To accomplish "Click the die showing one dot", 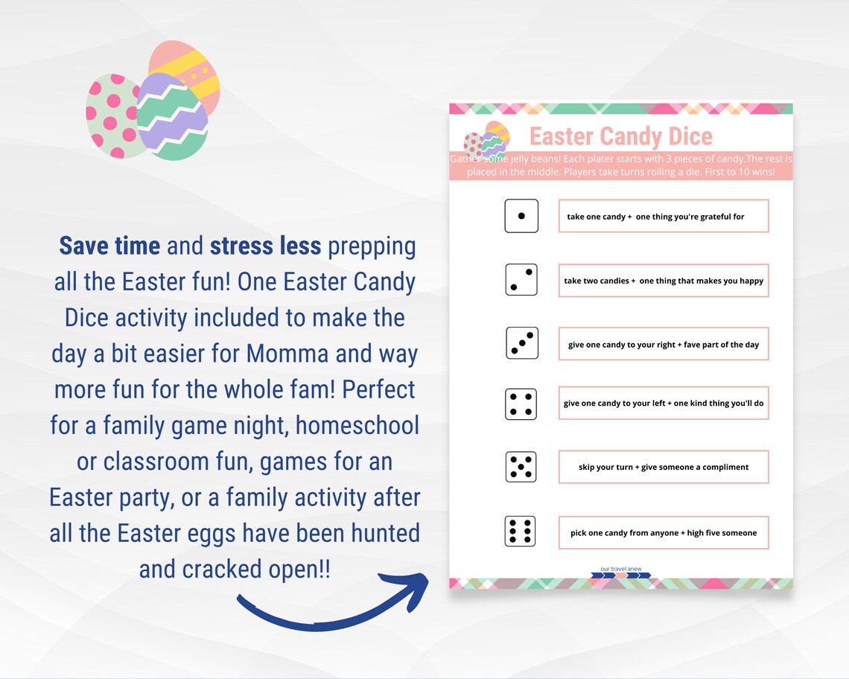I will pos(521,216).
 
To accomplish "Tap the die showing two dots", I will pos(521,280).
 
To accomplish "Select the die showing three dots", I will pos(522,343).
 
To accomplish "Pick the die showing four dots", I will pos(521,404).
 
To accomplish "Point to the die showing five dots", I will pos(521,467).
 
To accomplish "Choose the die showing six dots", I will pos(521,532).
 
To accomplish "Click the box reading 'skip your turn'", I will pos(663,468).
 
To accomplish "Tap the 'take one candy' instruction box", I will pos(663,217).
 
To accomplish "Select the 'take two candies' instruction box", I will pos(663,281).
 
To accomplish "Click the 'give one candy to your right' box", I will pos(663,345).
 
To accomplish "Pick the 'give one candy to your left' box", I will pos(663,404).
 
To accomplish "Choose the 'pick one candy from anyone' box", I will pos(663,533).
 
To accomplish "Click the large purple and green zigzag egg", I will pos(173,118).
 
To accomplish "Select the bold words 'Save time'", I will pos(109,246).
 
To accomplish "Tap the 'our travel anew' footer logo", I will pos(621,573).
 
